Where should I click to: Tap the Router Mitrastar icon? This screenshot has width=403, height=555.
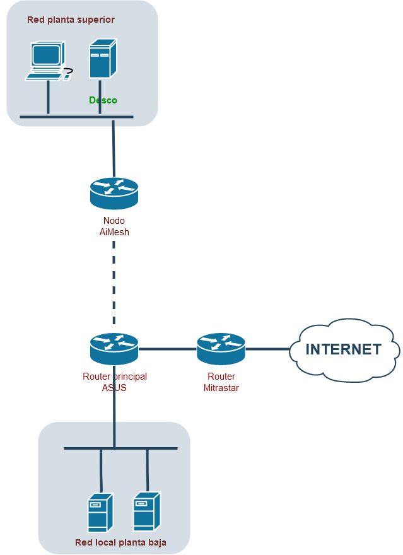click(x=221, y=349)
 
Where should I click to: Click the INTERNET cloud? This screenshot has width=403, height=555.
click(x=344, y=349)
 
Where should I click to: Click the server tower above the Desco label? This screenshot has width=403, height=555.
click(x=103, y=59)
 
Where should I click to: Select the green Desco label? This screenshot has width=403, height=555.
click(x=103, y=100)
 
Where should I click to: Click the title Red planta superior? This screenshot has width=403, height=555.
click(x=71, y=20)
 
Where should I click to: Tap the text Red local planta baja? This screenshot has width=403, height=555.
click(x=120, y=542)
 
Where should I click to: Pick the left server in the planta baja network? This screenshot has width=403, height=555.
click(x=100, y=512)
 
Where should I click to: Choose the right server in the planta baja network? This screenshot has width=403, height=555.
click(x=147, y=511)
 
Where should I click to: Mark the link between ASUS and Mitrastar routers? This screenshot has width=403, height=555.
click(x=167, y=349)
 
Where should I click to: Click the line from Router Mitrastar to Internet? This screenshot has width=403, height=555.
click(x=267, y=349)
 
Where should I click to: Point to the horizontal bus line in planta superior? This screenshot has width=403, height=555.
click(x=76, y=117)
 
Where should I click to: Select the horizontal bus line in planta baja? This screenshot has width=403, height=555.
click(x=120, y=448)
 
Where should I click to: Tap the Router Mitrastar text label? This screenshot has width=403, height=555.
click(x=221, y=382)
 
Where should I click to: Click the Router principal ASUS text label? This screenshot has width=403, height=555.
click(x=115, y=382)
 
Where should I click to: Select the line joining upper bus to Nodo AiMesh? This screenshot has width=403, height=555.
click(x=114, y=148)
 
